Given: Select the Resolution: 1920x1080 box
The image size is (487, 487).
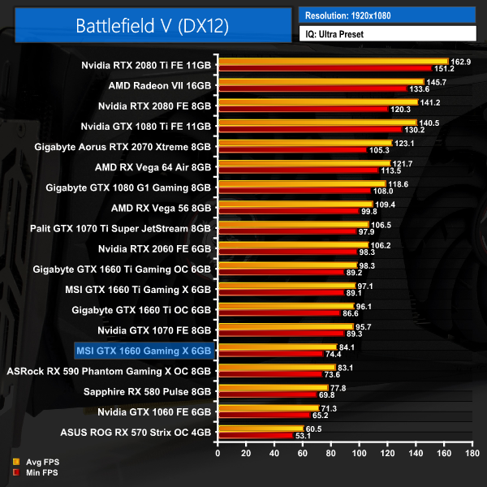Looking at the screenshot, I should click(386, 15).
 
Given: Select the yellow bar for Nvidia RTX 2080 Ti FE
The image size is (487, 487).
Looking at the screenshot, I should click(333, 61).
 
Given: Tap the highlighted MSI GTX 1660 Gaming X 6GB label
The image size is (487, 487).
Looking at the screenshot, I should click(144, 351).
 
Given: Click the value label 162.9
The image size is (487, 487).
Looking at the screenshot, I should click(461, 61).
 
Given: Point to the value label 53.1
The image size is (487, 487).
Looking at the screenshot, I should click(305, 436).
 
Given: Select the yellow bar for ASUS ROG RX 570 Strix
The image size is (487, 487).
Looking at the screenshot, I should click(261, 429).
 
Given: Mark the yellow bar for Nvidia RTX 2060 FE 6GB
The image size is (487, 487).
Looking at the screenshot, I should click(293, 245).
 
